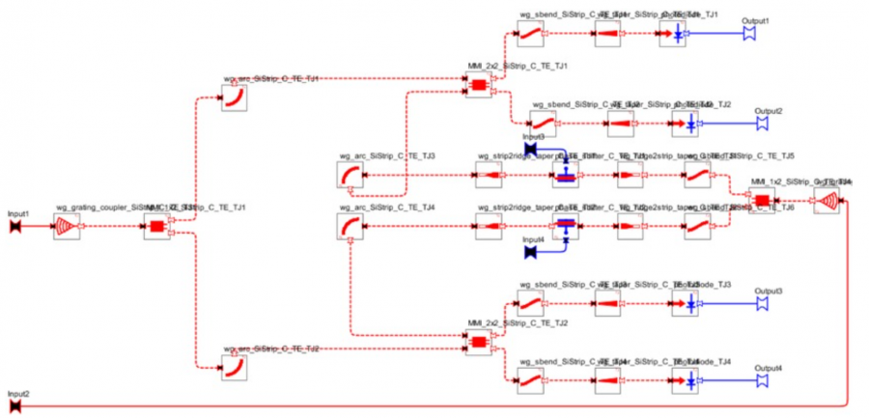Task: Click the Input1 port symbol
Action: tap(15, 227)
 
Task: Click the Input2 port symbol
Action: tap(15, 407)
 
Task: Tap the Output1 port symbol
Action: tap(748, 35)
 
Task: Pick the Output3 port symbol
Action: tap(761, 304)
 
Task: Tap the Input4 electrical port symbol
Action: tap(530, 253)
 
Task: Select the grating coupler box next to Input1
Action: tap(67, 227)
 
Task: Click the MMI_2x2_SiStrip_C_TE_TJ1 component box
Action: tap(479, 87)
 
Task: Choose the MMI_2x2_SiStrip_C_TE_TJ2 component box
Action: tap(479, 342)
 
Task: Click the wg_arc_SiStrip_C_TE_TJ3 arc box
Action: tap(350, 175)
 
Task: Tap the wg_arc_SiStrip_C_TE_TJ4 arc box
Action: tap(350, 227)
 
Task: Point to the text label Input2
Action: tap(18, 394)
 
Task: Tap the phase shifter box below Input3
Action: tap(565, 175)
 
